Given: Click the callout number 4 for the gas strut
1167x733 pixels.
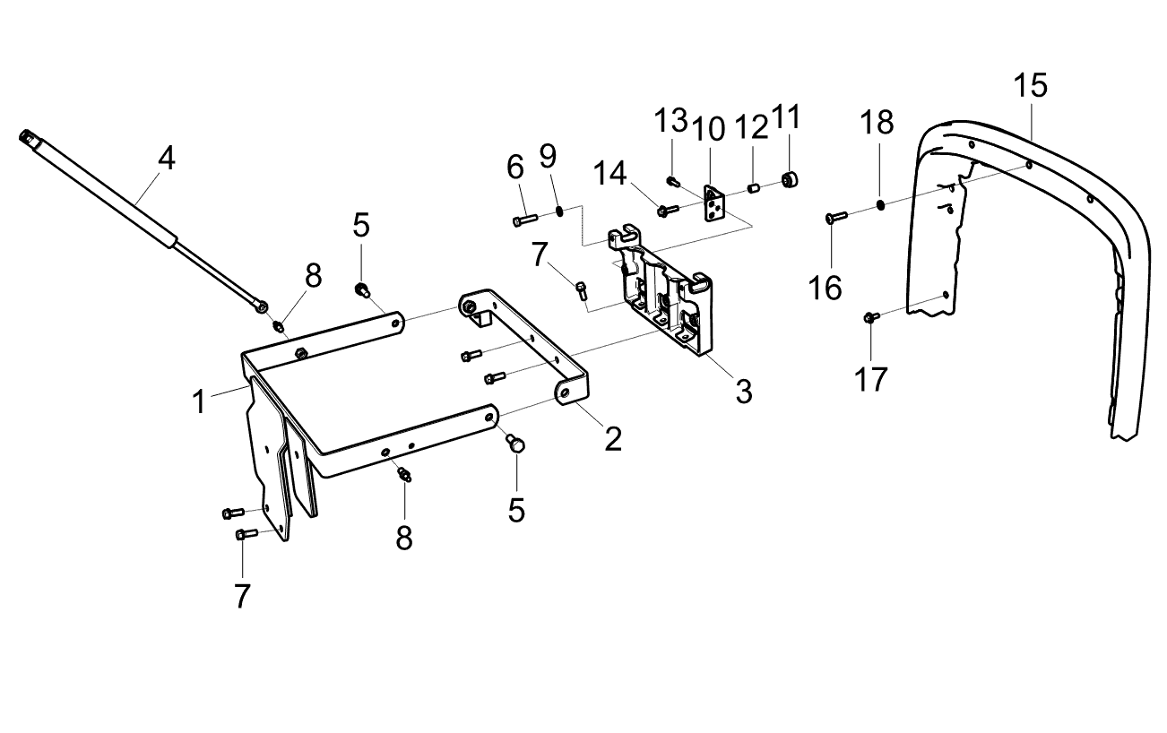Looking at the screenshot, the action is (167, 158).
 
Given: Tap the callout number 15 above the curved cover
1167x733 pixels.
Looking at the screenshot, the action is (1030, 85).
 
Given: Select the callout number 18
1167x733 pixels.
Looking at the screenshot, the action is (877, 122).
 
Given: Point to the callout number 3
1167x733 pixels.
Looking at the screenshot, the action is (744, 391).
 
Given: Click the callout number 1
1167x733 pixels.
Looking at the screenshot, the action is (199, 401).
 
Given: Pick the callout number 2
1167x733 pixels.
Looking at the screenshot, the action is (613, 439).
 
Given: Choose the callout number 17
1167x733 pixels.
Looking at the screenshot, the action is (870, 379).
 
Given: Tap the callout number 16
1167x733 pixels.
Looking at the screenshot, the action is (826, 288).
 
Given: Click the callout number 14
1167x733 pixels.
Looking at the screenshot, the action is (610, 173).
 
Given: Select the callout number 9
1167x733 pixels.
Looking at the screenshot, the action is (548, 155).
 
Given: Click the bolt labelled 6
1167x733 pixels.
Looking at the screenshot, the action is (525, 220).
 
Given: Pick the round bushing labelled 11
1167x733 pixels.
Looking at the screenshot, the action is (791, 180).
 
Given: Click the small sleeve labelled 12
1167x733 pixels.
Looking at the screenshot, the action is (752, 187).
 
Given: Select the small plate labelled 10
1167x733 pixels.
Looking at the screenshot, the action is (714, 203).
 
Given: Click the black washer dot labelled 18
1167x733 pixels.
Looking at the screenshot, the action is (880, 205).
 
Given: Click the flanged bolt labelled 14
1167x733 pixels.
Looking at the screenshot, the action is (669, 211).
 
